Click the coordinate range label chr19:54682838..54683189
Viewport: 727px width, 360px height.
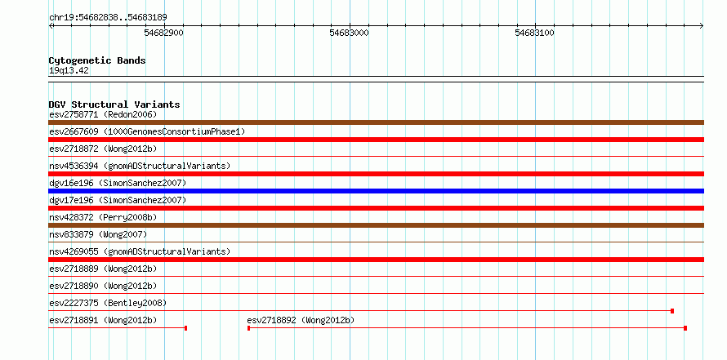pos(108,18)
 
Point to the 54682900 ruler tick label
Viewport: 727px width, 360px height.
pos(164,33)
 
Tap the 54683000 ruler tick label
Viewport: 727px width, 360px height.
pos(350,33)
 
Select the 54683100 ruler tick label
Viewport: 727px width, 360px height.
pos(535,33)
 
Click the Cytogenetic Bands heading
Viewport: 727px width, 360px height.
pos(97,60)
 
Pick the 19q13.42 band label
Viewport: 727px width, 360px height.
pos(69,71)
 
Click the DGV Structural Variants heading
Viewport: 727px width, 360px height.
pos(114,104)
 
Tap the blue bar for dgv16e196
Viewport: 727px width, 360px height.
pos(376,191)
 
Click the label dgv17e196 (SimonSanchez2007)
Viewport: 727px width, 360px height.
pos(118,200)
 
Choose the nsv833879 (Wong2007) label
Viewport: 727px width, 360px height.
pos(98,234)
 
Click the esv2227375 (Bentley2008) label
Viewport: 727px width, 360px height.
pos(108,303)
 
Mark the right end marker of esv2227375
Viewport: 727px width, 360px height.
pos(672,311)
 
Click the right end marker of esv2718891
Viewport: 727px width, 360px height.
pos(186,328)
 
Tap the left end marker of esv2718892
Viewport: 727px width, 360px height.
pos(249,328)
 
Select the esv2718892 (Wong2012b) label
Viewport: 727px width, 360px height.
pos(301,320)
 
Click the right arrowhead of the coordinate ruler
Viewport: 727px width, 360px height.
pos(702,26)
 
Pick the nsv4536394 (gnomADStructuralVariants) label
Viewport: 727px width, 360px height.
pos(140,166)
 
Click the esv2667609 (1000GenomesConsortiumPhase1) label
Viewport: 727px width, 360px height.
pos(147,131)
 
